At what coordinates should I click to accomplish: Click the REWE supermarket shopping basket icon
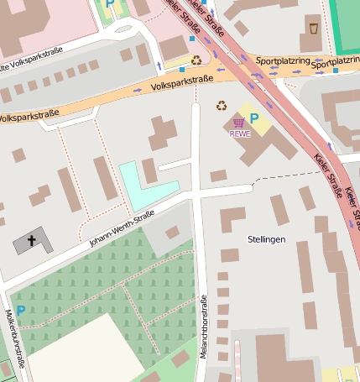pyautogui.click(x=239, y=123)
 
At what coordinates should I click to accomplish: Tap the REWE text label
pyautogui.click(x=240, y=133)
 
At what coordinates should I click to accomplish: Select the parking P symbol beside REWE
pyautogui.click(x=254, y=118)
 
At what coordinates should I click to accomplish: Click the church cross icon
pyautogui.click(x=32, y=241)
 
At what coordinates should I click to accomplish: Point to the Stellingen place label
pyautogui.click(x=267, y=239)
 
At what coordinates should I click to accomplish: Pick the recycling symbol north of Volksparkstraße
pyautogui.click(x=196, y=60)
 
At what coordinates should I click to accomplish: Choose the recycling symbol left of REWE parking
pyautogui.click(x=222, y=105)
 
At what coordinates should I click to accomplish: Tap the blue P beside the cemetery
pyautogui.click(x=20, y=311)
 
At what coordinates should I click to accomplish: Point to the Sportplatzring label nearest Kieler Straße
pyautogui.click(x=282, y=60)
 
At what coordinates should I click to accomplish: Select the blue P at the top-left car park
pyautogui.click(x=109, y=4)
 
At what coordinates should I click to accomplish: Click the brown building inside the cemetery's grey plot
pyautogui.click(x=172, y=233)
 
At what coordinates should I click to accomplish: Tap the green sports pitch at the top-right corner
pyautogui.click(x=345, y=17)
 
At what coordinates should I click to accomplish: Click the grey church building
pyautogui.click(x=33, y=241)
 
